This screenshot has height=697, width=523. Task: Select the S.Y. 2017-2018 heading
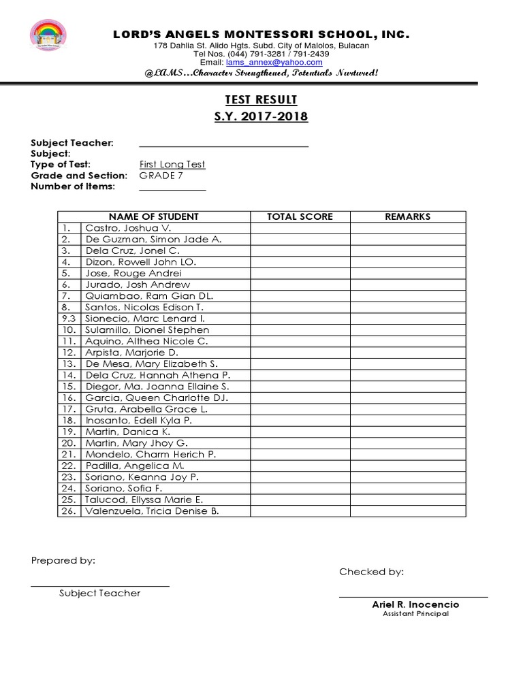click(x=261, y=116)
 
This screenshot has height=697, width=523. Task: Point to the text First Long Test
click(x=172, y=164)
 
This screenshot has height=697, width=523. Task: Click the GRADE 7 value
click(x=161, y=176)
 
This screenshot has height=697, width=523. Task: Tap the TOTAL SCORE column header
click(x=300, y=216)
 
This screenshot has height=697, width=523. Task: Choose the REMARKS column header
click(x=407, y=216)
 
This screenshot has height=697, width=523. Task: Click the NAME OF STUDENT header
click(x=153, y=216)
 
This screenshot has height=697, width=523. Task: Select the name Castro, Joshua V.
click(x=129, y=228)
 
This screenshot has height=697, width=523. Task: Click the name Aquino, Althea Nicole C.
click(x=146, y=341)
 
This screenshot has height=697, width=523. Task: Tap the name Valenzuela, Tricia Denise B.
click(x=152, y=511)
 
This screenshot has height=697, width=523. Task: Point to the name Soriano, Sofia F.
click(x=123, y=488)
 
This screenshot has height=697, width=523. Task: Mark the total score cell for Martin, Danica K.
click(x=300, y=432)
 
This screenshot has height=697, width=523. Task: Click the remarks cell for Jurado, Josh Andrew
click(x=407, y=285)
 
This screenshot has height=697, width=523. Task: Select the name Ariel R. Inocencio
click(x=415, y=604)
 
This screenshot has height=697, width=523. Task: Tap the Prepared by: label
click(x=63, y=560)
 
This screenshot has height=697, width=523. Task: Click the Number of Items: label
click(x=73, y=187)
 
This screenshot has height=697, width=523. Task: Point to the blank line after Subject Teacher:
click(x=223, y=144)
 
